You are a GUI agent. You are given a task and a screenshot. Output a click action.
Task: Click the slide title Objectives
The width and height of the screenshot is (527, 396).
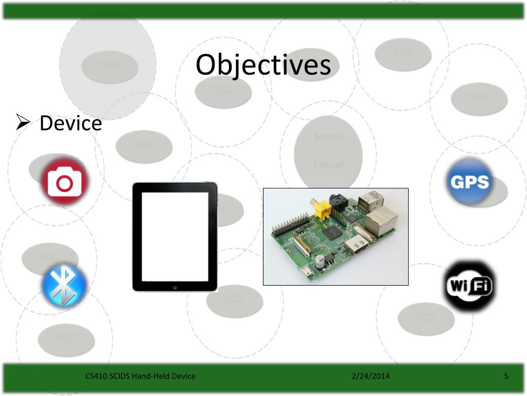(263, 65)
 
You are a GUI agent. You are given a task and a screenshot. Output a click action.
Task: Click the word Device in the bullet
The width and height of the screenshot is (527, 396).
(71, 123)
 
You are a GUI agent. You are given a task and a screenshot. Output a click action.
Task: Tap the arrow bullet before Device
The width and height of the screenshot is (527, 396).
(25, 123)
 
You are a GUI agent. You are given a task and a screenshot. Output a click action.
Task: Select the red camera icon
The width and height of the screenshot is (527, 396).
(65, 182)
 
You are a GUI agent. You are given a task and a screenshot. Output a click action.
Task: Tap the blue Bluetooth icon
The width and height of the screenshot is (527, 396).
(64, 287)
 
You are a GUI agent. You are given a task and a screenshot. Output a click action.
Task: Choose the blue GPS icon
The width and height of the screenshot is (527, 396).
(469, 181)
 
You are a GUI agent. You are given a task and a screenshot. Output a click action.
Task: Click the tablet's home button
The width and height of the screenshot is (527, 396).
(175, 286)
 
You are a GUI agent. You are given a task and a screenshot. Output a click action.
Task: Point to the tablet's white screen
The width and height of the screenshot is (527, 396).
(175, 236)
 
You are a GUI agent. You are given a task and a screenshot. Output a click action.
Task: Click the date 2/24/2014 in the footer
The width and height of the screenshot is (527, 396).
(371, 376)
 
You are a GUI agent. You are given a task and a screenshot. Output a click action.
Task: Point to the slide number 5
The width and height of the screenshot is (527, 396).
(506, 376)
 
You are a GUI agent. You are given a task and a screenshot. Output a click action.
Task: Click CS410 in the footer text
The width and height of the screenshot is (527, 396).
(96, 376)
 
